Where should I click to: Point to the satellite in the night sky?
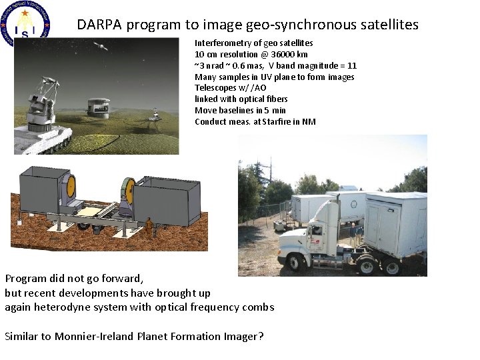[101, 47]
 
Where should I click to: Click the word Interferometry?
[218, 43]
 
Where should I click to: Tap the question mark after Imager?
[261, 337]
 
